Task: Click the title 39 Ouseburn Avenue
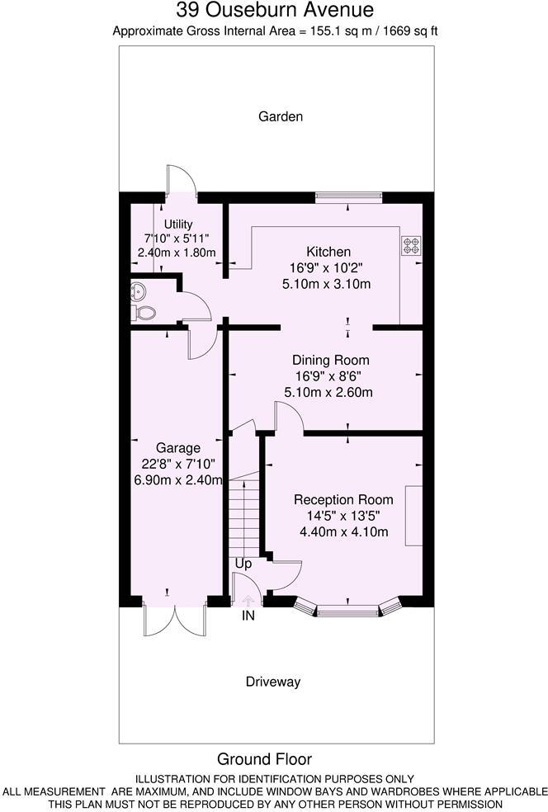(x=275, y=12)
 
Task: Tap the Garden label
(x=281, y=117)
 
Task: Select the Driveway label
(x=272, y=682)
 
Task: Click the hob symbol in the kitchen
(x=410, y=245)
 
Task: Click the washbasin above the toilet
(x=138, y=290)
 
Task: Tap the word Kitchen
(x=328, y=252)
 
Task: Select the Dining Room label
(x=331, y=361)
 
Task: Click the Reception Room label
(x=343, y=500)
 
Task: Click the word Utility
(x=178, y=224)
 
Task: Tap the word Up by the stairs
(x=243, y=564)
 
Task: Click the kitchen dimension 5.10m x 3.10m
(x=327, y=284)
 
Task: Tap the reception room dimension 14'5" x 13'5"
(x=342, y=516)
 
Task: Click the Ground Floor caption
(x=264, y=759)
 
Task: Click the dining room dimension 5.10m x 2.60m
(x=328, y=393)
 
